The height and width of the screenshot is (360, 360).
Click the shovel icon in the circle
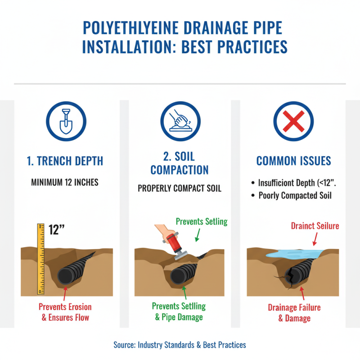click(66, 121)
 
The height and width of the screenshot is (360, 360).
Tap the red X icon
click(293, 121)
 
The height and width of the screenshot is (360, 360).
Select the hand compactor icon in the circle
click(180, 121)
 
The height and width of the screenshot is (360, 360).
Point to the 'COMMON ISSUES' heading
click(293, 161)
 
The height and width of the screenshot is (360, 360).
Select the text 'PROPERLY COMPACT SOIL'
click(180, 189)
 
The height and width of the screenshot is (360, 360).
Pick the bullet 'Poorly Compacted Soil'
click(295, 195)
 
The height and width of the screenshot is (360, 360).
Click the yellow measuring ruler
click(40, 259)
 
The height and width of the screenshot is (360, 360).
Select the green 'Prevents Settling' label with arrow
click(201, 221)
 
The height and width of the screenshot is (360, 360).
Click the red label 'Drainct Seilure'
click(315, 226)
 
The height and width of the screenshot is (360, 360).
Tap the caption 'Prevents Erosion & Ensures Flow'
click(65, 312)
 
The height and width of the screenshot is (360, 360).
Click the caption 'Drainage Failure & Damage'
click(294, 313)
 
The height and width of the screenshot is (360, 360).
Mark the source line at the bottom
click(180, 345)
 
